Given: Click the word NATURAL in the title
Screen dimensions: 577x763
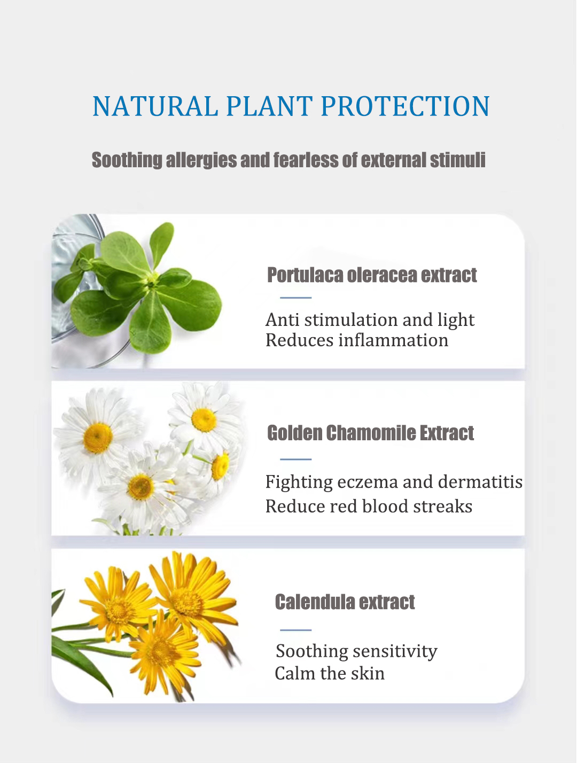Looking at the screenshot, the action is (x=155, y=106).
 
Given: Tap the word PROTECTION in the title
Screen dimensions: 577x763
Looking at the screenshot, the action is (x=406, y=106).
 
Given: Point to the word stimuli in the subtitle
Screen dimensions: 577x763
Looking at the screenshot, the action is (x=457, y=160).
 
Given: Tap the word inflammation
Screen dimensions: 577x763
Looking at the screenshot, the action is (x=393, y=340).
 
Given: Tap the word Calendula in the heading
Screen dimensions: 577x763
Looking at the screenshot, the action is (x=315, y=602).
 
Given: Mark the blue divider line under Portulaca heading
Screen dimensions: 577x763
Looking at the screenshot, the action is (x=296, y=298).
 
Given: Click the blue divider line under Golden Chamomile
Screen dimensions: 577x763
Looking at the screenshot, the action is (x=296, y=459).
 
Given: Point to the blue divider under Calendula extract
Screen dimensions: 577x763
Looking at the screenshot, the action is (x=296, y=630).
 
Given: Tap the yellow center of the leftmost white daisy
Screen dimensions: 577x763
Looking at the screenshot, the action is (x=98, y=438).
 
